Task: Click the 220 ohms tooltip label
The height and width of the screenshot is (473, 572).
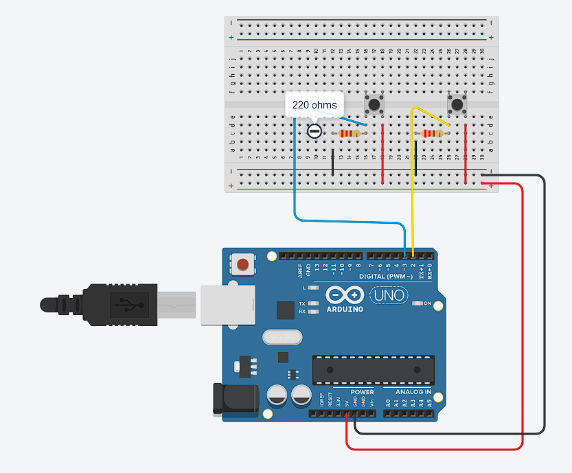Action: pos(314,105)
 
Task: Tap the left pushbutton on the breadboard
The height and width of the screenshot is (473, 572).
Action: pos(374,104)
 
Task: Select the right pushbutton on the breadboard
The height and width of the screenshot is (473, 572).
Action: pos(457,104)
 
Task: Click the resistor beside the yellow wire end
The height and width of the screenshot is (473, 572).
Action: pos(432,133)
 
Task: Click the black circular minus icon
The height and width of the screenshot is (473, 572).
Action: pos(314,130)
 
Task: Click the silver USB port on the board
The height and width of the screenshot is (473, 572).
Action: pos(227,304)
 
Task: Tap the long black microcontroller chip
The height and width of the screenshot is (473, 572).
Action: pos(374,370)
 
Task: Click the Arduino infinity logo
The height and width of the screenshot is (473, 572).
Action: pos(345,296)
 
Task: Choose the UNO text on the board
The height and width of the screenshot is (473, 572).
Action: pos(389,296)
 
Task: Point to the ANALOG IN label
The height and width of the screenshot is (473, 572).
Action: pos(413,392)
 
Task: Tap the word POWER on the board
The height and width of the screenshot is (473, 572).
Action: pos(362,392)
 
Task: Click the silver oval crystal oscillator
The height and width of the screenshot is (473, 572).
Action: pos(282,337)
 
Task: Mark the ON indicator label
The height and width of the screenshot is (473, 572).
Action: pos(427,303)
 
